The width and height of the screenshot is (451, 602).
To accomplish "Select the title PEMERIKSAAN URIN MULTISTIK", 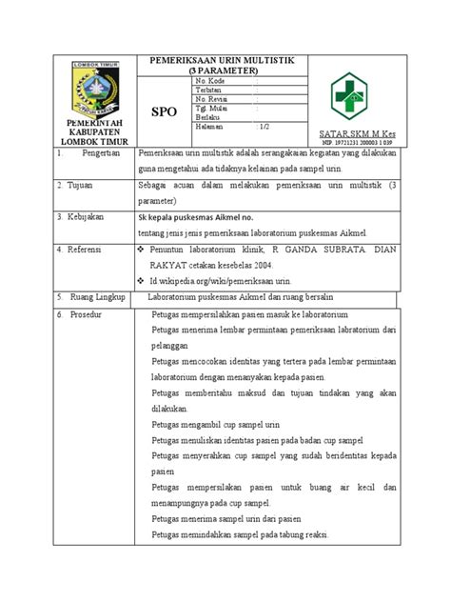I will (215, 60).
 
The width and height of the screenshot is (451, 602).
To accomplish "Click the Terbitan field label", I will (208, 90).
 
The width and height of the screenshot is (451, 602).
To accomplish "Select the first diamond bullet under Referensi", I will (142, 248).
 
